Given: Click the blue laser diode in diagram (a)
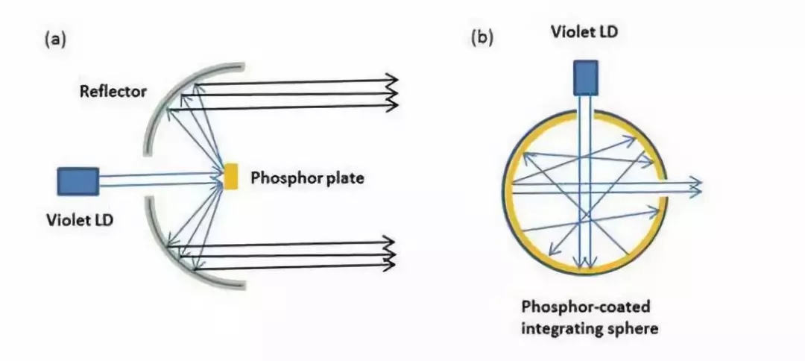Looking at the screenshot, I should (x=78, y=180).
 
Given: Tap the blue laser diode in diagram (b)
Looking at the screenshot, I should (x=586, y=78).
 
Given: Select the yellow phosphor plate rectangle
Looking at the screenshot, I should (x=230, y=176).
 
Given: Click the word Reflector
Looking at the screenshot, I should (x=113, y=91).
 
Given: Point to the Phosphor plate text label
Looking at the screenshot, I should (x=306, y=179).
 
